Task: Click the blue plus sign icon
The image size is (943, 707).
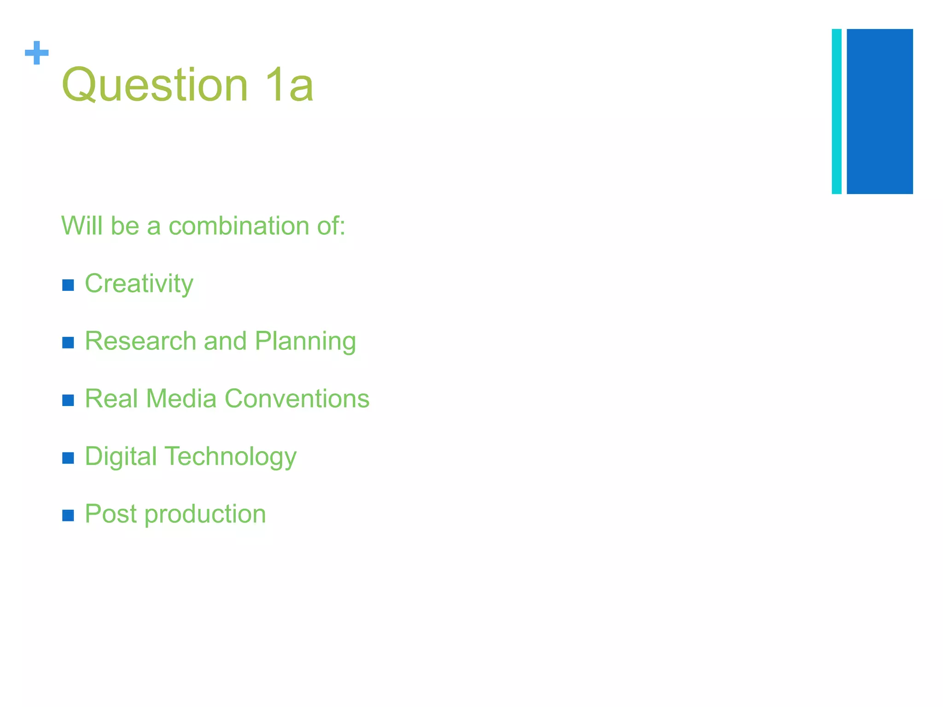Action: [x=36, y=53]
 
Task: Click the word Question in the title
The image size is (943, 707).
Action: [x=155, y=85]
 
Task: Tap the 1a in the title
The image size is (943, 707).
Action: [x=290, y=85]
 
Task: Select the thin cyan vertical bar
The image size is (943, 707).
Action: [x=836, y=111]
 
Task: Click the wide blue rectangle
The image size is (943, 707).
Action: [x=879, y=111]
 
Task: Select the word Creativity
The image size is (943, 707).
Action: [x=139, y=284]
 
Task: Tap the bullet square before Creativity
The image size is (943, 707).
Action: [x=68, y=285]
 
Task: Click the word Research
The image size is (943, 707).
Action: [x=140, y=341]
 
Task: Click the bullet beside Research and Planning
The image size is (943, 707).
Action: [x=68, y=343]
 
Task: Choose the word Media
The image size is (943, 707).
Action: [x=181, y=399]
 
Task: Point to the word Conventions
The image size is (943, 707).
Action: [x=297, y=399]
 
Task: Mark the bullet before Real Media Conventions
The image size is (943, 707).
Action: [x=68, y=400]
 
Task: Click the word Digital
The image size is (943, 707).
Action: [x=121, y=457]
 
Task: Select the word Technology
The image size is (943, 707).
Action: [x=231, y=457]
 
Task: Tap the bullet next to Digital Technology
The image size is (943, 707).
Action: [x=68, y=458]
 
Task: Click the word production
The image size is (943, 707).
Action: [x=205, y=515]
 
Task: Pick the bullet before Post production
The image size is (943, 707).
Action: [x=68, y=516]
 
